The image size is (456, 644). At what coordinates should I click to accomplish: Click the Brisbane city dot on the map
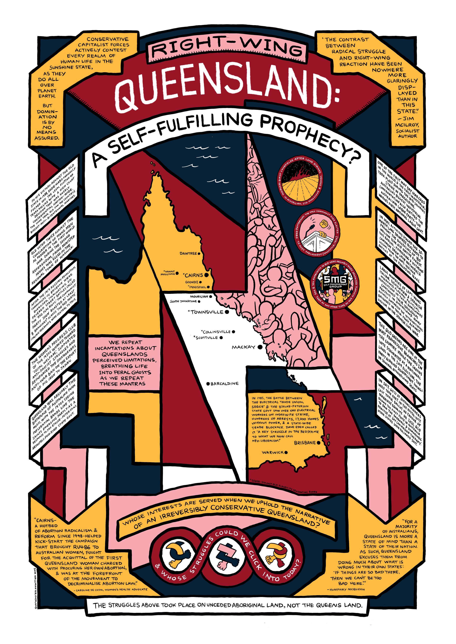(318, 443)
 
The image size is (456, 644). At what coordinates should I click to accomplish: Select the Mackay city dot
(260, 347)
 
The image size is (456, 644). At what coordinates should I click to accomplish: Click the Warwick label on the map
(273, 452)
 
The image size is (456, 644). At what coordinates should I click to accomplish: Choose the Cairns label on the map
(194, 275)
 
